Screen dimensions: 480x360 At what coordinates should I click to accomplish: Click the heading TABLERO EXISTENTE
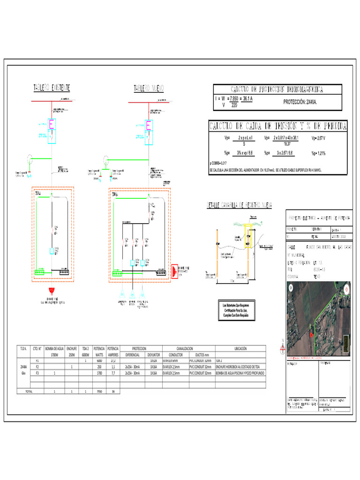tap(52, 88)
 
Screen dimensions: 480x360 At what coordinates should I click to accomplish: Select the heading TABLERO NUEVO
tap(149, 88)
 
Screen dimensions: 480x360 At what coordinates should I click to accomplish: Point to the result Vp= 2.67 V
tap(319, 138)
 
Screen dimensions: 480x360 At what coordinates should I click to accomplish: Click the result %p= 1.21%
tap(319, 153)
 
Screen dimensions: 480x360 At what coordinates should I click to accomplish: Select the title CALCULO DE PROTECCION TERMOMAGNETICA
tap(277, 89)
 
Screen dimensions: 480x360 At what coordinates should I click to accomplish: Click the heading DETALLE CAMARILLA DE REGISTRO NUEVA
tap(240, 205)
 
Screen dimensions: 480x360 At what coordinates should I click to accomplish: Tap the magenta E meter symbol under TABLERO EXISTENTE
tap(52, 124)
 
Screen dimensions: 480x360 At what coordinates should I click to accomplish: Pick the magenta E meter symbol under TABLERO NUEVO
tap(149, 125)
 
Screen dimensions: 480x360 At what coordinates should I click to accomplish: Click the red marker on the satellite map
tap(311, 335)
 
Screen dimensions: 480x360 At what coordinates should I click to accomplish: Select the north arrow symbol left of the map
tap(282, 347)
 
